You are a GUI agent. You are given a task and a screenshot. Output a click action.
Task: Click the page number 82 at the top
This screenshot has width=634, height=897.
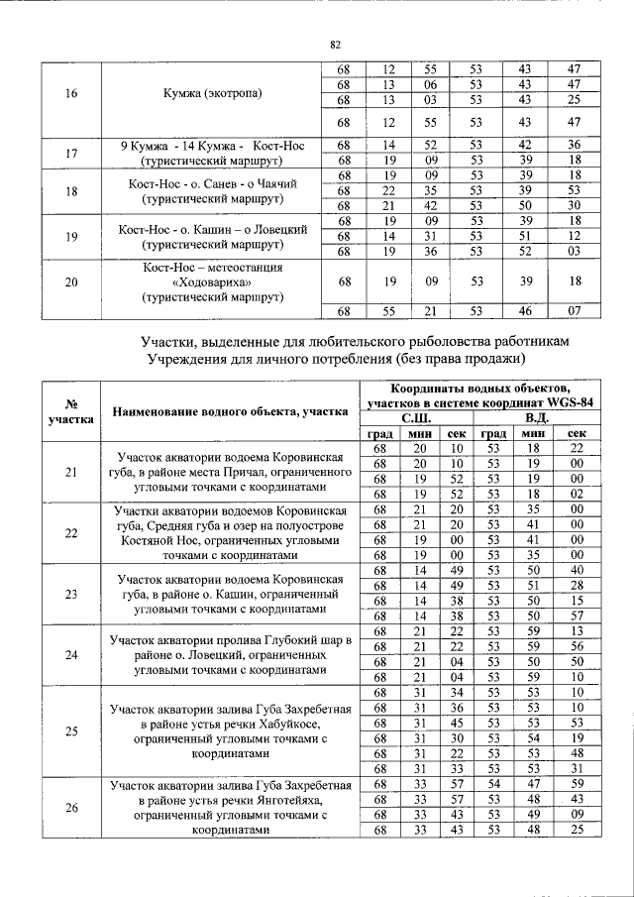[x=335, y=45]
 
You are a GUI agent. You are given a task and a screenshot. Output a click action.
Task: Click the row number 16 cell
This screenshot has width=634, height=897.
[x=70, y=94]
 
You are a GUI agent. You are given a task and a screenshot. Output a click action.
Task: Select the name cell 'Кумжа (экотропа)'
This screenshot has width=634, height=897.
[x=212, y=94]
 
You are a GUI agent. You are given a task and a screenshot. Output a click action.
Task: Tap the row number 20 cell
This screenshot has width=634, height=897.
[x=70, y=282]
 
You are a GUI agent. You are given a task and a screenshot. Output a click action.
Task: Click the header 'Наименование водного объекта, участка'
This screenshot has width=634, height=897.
[x=229, y=411]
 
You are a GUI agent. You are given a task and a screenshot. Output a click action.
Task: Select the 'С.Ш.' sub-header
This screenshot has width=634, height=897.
[x=415, y=418]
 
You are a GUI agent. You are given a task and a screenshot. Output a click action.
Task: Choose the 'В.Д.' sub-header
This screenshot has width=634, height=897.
[x=535, y=418]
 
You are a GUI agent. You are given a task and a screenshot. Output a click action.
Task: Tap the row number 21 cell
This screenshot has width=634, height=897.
[x=70, y=472]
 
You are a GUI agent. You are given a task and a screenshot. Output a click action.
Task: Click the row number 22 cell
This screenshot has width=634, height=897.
[x=70, y=532]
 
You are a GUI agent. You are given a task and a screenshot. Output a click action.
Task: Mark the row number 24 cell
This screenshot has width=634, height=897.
[x=70, y=654]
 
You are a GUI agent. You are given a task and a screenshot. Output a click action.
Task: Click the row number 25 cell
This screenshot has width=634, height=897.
[x=70, y=731]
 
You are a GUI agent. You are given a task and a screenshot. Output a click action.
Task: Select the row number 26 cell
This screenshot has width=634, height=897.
[x=70, y=807]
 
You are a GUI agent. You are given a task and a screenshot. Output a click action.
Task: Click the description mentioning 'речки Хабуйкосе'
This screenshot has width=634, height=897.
[x=231, y=731]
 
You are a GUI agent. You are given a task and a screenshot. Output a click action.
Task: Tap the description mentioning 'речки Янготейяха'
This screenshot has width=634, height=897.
[x=231, y=807]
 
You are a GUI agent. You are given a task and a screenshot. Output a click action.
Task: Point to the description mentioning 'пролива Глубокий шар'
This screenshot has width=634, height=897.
[x=231, y=654]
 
